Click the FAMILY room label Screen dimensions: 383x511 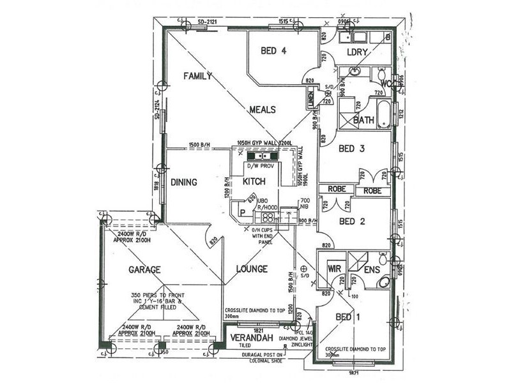pyautogui.click(x=197, y=76)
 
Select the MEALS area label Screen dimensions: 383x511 pyautogui.click(x=263, y=110)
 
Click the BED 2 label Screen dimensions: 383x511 pyautogui.click(x=351, y=222)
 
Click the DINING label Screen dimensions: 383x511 pyautogui.click(x=183, y=183)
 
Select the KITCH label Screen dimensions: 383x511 pyautogui.click(x=254, y=183)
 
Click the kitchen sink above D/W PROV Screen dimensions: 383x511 pyautogui.click(x=261, y=156)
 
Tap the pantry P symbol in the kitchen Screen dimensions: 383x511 pyautogui.click(x=243, y=213)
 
